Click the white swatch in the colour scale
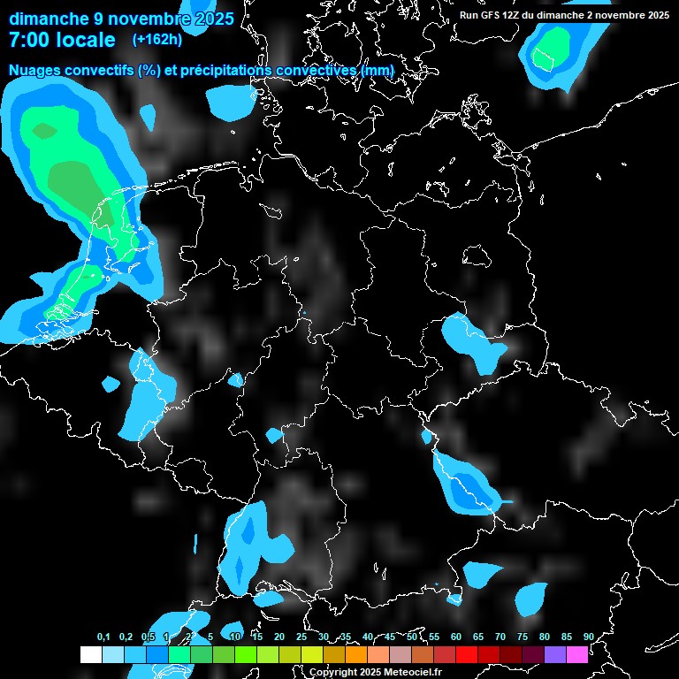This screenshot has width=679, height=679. (x=91, y=654)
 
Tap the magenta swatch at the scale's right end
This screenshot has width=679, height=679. (x=577, y=654)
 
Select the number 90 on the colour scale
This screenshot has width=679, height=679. (x=588, y=637)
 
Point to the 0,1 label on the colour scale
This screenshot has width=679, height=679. (x=103, y=637)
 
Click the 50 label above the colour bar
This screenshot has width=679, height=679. (x=412, y=637)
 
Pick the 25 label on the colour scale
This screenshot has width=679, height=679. (x=301, y=637)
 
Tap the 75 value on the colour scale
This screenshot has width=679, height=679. (x=522, y=637)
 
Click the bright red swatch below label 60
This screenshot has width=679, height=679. (x=467, y=654)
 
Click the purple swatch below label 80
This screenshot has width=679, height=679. (x=555, y=654)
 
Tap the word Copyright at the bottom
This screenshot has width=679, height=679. (x=332, y=672)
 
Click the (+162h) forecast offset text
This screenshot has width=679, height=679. (x=156, y=40)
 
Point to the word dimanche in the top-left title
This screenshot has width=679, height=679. (x=47, y=18)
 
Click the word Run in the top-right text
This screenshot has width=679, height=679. (x=469, y=15)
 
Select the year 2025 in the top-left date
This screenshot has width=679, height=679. (x=211, y=18)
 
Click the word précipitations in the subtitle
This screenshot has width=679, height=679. (x=226, y=70)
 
